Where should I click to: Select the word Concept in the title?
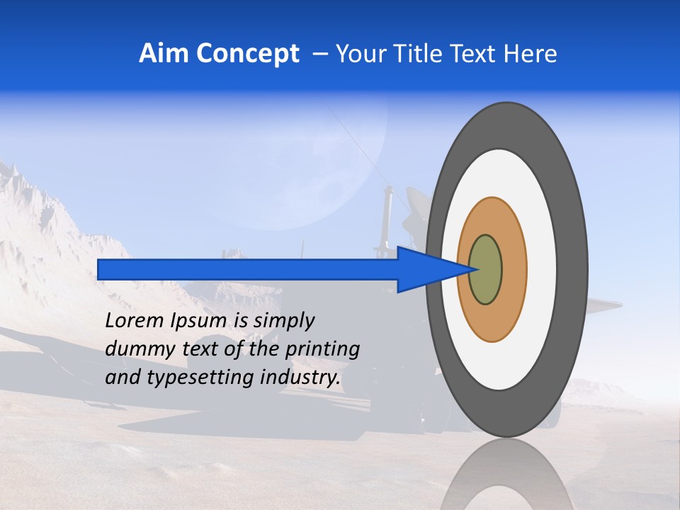pos(247,54)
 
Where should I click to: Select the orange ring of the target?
pos(514,270)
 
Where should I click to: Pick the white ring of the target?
pos(542,270)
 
